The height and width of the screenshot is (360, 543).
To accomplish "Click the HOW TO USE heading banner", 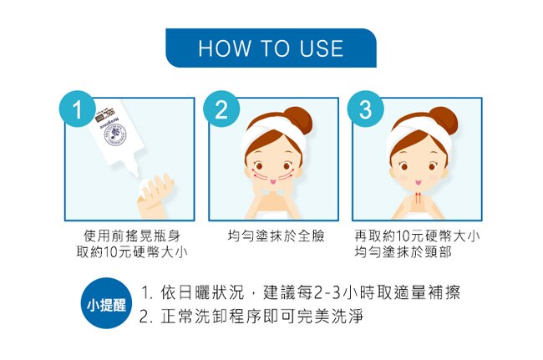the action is pyautogui.click(x=271, y=48).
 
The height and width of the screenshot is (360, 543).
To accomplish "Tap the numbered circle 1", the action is pyautogui.click(x=78, y=109).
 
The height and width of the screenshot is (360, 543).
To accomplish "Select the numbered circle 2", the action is pyautogui.click(x=221, y=109).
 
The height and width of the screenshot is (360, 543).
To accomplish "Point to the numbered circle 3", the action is pyautogui.click(x=366, y=109).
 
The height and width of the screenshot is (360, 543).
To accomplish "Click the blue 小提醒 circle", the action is pyautogui.click(x=106, y=303).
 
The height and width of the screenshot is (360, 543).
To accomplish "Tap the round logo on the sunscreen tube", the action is pyautogui.click(x=116, y=135).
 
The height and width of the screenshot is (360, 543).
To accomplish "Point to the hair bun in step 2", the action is pyautogui.click(x=297, y=120).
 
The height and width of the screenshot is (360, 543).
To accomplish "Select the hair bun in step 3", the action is pyautogui.click(x=442, y=120).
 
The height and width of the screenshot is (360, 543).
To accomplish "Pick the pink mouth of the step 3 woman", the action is pyautogui.click(x=418, y=182).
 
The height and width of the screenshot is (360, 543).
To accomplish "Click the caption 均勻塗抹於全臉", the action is pyautogui.click(x=276, y=236).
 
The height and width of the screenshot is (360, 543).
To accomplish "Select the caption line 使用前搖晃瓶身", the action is pyautogui.click(x=132, y=236).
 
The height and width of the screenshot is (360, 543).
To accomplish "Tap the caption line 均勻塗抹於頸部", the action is pyautogui.click(x=403, y=252).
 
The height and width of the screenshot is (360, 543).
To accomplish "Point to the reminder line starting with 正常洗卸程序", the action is pyautogui.click(x=251, y=317).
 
